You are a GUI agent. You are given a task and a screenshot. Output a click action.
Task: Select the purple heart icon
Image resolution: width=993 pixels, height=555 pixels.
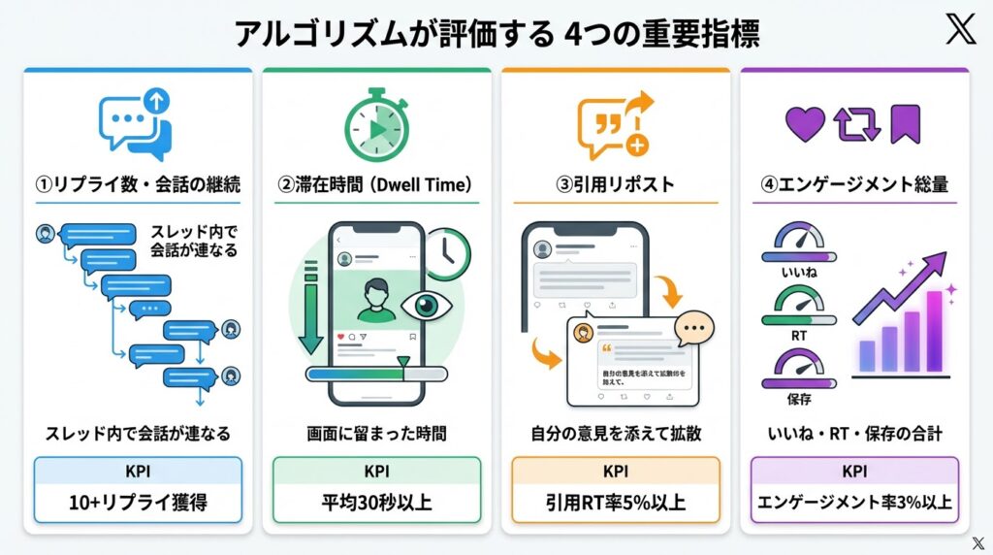tap(804, 125)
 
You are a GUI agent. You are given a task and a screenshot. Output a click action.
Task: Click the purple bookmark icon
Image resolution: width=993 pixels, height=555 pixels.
tap(905, 125)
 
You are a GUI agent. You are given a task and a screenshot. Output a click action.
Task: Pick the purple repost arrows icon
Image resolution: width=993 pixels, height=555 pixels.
tap(855, 125)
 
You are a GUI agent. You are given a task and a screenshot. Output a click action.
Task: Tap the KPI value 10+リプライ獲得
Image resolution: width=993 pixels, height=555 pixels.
tap(138, 504)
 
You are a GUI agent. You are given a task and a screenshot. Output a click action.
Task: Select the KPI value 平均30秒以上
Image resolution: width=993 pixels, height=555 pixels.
tap(375, 504)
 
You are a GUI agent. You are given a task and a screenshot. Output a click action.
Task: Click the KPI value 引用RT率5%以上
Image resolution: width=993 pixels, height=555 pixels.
tap(615, 504)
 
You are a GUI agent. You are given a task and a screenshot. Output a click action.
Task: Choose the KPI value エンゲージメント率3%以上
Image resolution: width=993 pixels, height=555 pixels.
tap(854, 504)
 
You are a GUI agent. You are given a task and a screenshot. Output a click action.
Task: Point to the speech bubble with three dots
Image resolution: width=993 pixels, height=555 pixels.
tap(692, 331)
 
